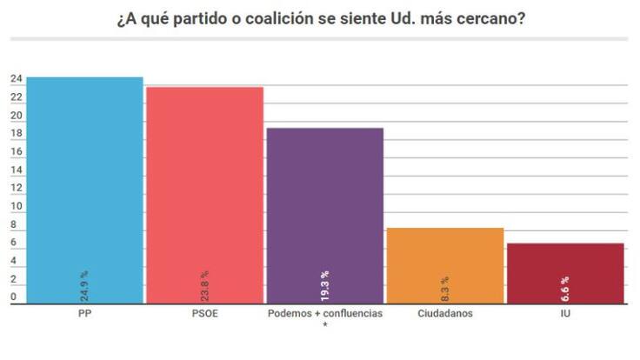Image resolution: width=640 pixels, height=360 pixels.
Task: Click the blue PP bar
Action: coord(84,174)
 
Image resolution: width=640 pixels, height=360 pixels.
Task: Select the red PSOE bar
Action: coord(204,183)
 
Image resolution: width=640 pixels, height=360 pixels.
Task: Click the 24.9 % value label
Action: coord(84,285)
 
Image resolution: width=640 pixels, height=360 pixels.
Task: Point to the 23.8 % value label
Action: coord(204,285)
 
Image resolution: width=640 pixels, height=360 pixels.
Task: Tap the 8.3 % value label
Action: coord(444,289)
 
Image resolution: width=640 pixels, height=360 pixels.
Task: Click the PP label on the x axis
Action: coord(84,314)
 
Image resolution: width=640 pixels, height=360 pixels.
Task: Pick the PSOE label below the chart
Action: coord(204,314)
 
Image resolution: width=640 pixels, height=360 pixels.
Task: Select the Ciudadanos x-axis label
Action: coord(444,314)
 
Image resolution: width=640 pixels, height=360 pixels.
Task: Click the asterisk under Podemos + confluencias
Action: coord(324,326)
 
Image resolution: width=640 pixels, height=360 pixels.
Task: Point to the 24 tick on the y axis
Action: coord(16,79)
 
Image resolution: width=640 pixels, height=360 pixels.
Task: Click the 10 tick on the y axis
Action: coord(16,207)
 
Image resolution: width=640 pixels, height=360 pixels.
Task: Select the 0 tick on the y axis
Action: coord(13,297)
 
